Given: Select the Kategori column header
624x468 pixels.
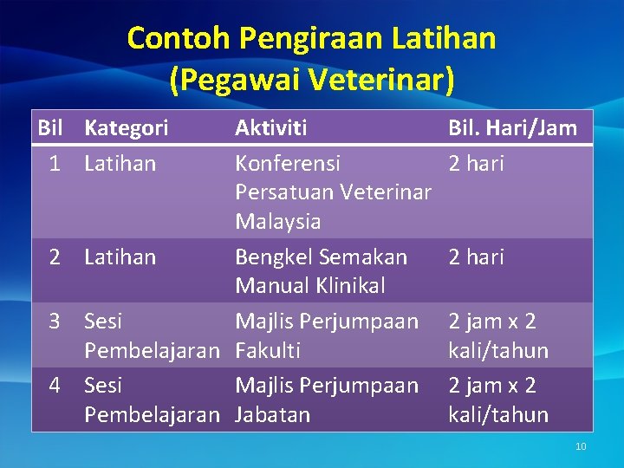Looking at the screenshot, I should [127, 128].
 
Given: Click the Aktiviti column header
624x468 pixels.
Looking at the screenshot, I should [270, 128].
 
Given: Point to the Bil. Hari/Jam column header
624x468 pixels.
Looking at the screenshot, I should [512, 128].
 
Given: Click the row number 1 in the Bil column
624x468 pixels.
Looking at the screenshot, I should [55, 164].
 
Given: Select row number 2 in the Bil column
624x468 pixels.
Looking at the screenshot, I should [55, 257].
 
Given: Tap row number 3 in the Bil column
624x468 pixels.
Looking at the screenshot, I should [55, 322].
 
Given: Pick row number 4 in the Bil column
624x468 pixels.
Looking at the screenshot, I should [55, 386].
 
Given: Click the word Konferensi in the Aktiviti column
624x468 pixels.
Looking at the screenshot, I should [288, 164].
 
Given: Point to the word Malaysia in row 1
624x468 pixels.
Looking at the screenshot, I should [277, 222].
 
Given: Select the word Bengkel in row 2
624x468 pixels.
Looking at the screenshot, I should [274, 257].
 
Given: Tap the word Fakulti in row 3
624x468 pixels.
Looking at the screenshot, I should [268, 351].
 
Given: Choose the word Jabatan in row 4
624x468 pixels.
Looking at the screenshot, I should [272, 415].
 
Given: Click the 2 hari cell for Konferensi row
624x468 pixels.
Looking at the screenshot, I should [476, 164].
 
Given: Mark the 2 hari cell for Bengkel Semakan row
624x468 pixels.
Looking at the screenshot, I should [476, 257].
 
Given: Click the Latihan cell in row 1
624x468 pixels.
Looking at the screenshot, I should [120, 164].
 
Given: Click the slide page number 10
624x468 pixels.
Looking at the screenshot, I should [581, 446].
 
